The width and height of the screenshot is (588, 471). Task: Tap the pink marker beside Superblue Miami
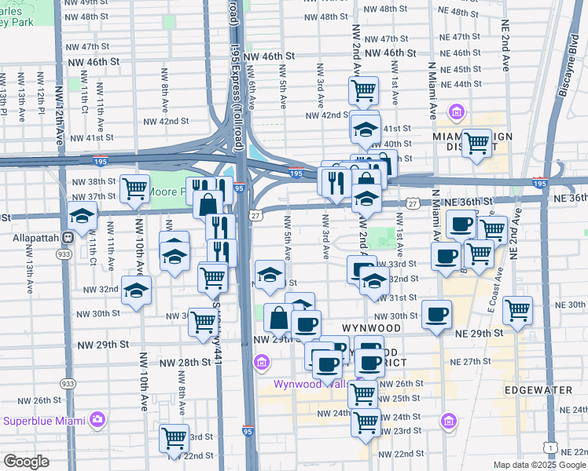tap(98, 419)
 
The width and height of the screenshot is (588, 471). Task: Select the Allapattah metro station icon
tap(68, 236)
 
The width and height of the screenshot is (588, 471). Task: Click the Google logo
tap(26, 462)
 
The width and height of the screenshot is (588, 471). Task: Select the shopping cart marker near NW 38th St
tap(135, 188)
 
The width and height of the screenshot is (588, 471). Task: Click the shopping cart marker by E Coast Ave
tap(518, 310)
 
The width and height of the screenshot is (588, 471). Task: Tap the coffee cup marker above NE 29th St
tap(436, 314)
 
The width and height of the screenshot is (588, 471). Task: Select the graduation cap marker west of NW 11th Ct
tap(82, 214)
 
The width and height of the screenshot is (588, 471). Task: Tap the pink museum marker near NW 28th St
tap(262, 363)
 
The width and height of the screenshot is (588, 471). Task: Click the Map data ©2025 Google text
tap(538, 465)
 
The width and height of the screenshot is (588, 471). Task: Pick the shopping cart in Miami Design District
tap(476, 143)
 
